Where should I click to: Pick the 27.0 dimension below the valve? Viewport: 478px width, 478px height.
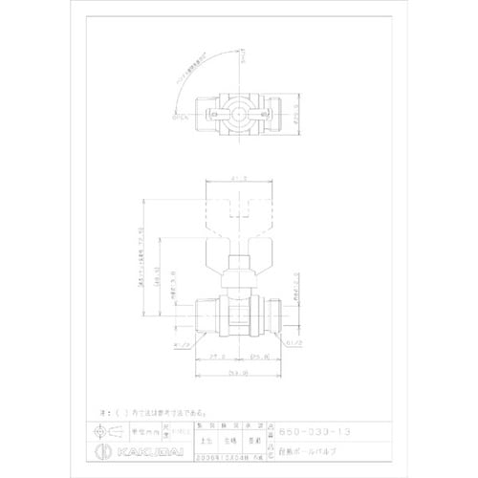214,354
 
